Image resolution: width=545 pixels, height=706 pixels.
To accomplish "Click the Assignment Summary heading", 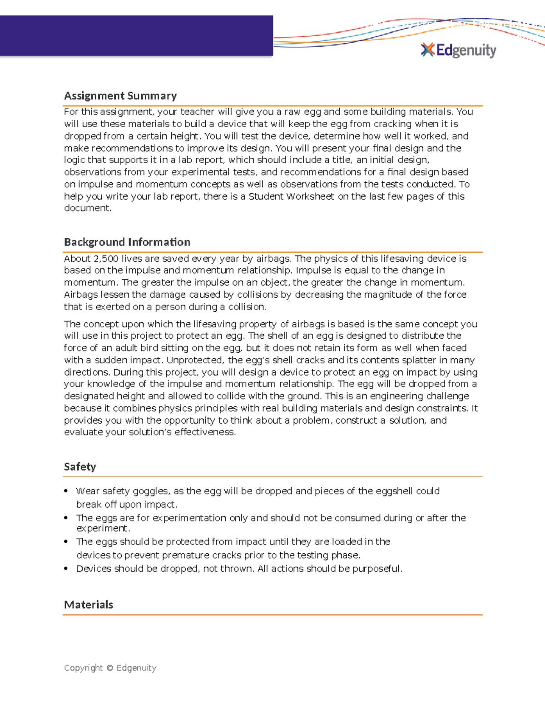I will [x=120, y=96].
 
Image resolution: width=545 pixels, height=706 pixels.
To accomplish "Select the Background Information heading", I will [x=127, y=242].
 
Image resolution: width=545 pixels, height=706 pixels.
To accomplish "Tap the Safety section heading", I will [x=80, y=467].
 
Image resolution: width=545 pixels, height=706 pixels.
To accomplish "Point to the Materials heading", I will [x=89, y=605].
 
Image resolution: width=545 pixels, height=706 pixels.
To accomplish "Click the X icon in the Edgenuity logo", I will [x=427, y=50].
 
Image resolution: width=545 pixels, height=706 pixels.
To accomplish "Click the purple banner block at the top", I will [x=136, y=36].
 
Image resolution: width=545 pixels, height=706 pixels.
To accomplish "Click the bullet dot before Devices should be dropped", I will [x=66, y=569].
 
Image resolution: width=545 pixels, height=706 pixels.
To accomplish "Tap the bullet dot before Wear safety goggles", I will [x=66, y=491].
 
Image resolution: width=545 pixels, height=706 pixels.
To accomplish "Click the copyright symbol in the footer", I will [x=109, y=668].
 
